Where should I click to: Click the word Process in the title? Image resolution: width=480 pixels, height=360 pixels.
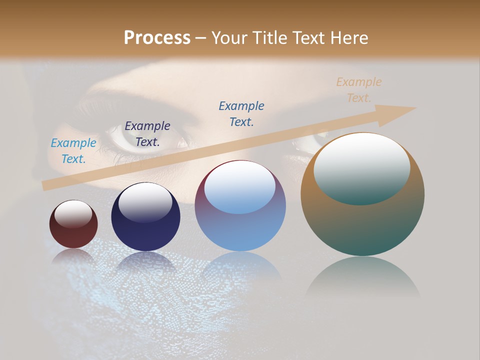[157, 37]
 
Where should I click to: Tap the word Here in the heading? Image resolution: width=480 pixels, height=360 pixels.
[348, 37]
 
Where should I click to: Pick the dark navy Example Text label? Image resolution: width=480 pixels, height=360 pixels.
[147, 134]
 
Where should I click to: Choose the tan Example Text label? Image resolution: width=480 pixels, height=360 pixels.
[359, 90]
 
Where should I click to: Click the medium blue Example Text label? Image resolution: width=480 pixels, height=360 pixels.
[241, 114]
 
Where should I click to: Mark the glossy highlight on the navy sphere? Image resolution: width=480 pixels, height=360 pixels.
[145, 202]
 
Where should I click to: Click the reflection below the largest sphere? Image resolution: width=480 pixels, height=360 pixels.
[362, 277]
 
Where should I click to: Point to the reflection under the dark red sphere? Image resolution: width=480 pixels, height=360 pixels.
[73, 257]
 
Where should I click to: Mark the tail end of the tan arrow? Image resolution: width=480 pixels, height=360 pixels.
[46, 185]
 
